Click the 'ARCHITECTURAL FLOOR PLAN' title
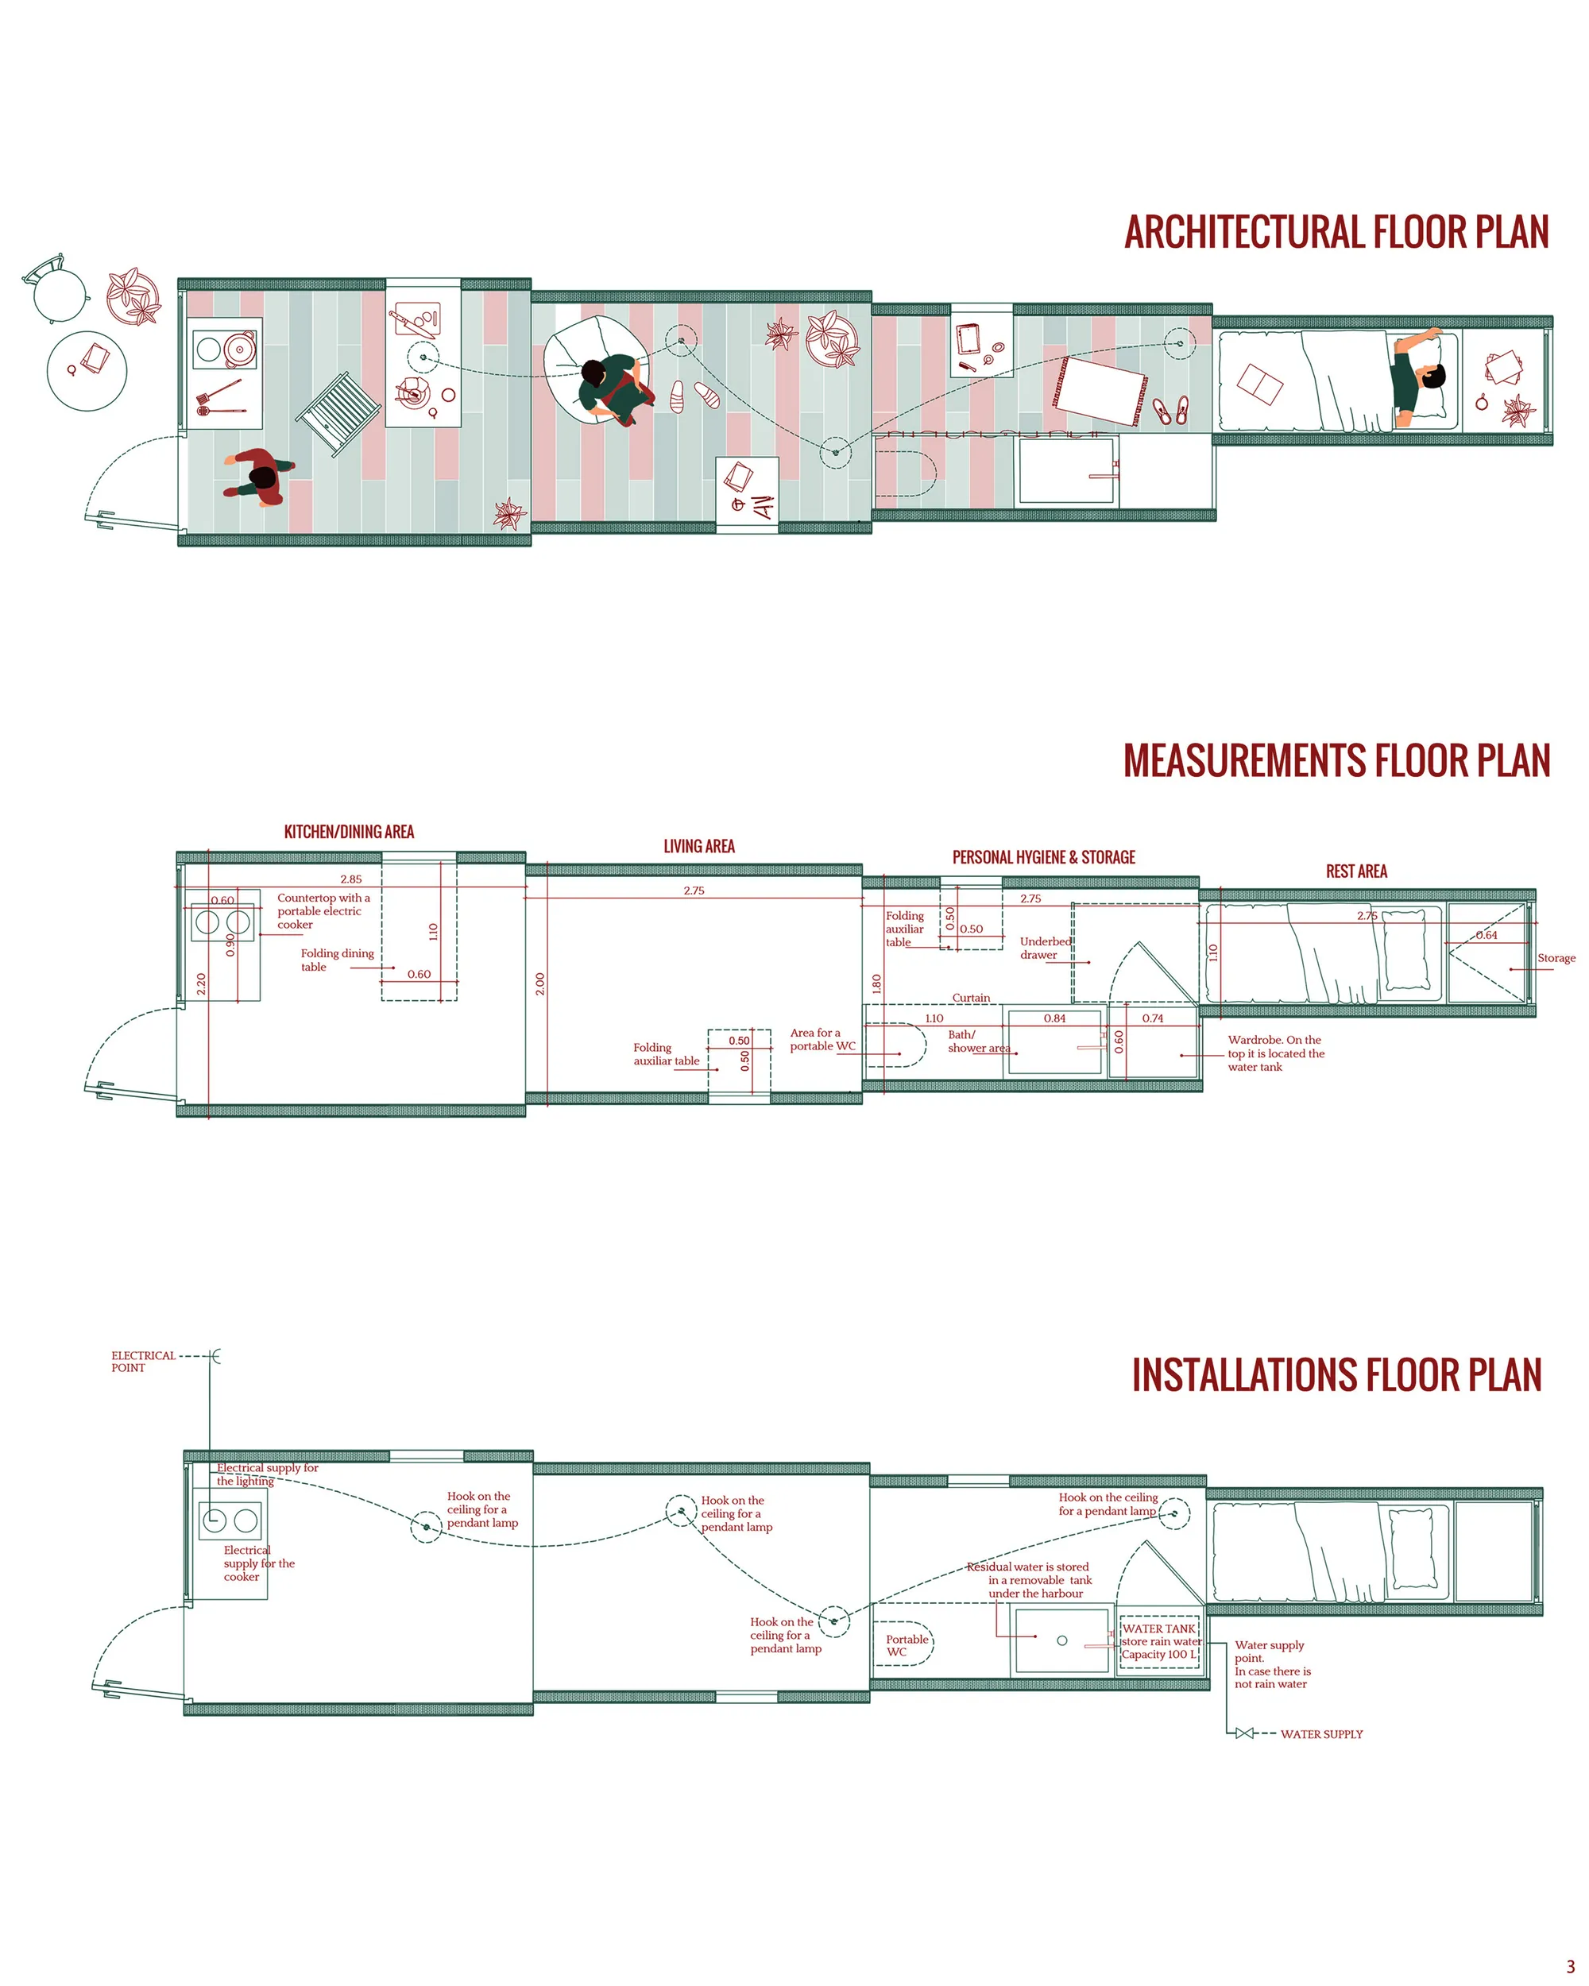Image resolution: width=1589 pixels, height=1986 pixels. tap(1336, 232)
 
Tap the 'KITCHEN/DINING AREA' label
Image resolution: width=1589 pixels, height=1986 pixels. tap(349, 832)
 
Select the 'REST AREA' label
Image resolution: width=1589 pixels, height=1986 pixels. tap(1356, 871)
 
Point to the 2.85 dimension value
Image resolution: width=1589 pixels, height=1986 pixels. tap(351, 879)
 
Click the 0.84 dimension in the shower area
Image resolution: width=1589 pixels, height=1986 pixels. tap(1055, 1018)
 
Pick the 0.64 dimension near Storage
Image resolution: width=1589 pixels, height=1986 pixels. tap(1487, 935)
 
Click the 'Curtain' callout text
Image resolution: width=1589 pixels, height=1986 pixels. tap(971, 998)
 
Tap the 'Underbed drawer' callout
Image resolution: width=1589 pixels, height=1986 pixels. tap(1046, 948)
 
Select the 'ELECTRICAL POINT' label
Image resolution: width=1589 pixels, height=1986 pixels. tap(143, 1362)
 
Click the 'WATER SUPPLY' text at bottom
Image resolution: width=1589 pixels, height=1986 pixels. tap(1322, 1733)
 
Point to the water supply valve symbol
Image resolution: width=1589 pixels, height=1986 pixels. tap(1244, 1733)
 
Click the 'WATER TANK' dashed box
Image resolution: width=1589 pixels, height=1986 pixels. tap(1160, 1641)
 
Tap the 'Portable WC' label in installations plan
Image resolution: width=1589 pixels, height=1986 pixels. tap(907, 1645)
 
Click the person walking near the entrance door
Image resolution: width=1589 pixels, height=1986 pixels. tap(260, 478)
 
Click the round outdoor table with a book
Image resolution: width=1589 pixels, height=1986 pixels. tap(87, 370)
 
